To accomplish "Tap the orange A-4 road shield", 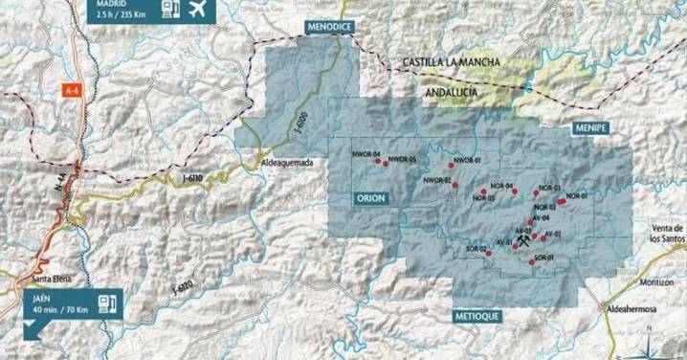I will pyautogui.click(x=72, y=90).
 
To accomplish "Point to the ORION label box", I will pyautogui.click(x=369, y=197).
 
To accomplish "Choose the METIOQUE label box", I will pyautogui.click(x=479, y=313).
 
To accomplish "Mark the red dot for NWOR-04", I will pyautogui.click(x=375, y=160).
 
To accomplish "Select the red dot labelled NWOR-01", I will pyautogui.click(x=450, y=165).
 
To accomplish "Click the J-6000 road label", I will pyautogui.click(x=302, y=125).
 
